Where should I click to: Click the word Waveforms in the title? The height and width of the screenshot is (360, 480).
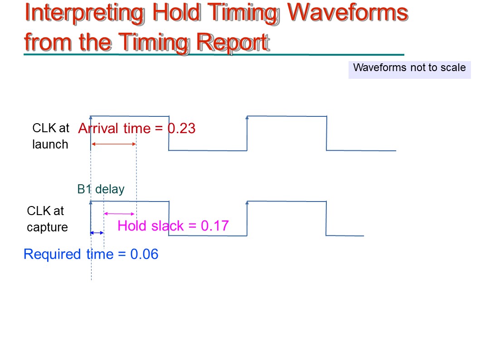point(348,13)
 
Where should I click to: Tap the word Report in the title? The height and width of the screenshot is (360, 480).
point(233,43)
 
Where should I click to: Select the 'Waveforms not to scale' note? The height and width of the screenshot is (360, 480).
point(409,67)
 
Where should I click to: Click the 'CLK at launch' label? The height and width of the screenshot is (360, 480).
point(50,136)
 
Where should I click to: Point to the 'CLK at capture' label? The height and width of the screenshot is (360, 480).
point(47,219)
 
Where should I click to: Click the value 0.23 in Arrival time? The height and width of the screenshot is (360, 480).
point(182,129)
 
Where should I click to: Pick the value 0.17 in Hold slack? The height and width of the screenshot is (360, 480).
point(214,226)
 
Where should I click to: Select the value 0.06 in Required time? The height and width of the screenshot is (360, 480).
point(144,254)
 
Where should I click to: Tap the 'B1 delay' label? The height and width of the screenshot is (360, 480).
point(101,189)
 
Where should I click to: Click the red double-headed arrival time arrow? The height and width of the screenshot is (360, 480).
point(114,144)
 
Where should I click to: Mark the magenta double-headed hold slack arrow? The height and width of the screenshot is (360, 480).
point(119,213)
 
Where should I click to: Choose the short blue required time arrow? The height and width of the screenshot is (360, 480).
point(97,233)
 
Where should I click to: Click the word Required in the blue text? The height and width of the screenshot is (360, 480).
point(52,254)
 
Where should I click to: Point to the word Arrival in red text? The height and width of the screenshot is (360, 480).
point(99,129)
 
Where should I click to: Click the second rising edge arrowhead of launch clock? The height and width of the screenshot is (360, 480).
point(247,117)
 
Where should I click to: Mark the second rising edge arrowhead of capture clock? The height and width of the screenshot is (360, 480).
point(247,203)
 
